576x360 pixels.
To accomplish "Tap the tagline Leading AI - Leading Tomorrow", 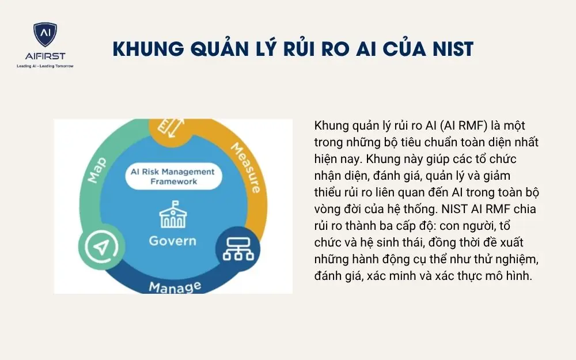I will pos(45,66).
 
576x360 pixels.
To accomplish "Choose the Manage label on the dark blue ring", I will pos(175,286).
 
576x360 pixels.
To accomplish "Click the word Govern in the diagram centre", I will pos(172,240).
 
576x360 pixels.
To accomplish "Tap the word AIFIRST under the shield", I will pos(45,56).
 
